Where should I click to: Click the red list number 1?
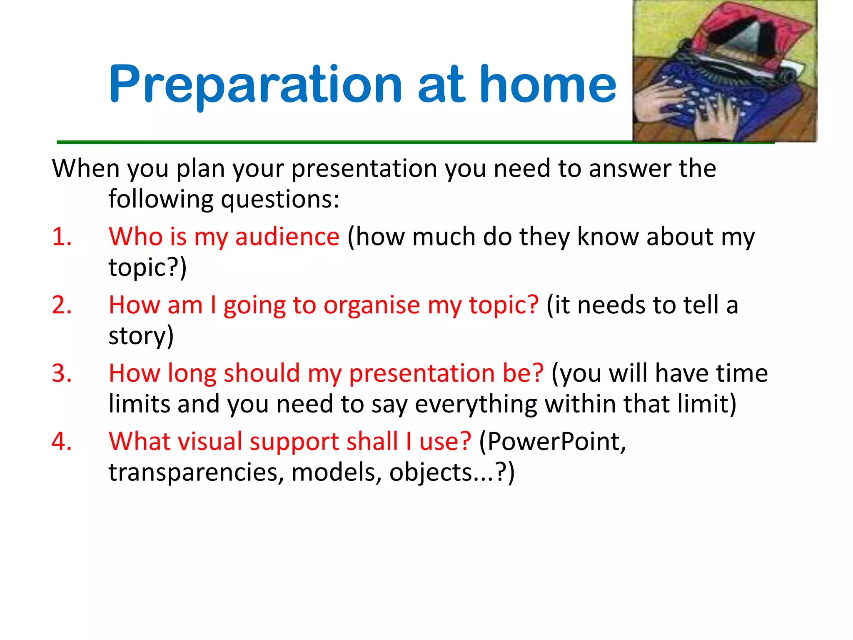pos(61,237)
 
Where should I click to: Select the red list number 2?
pos(61,305)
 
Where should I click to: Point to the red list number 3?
pos(61,373)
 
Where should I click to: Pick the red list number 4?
pos(61,441)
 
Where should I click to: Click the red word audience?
pos(287,237)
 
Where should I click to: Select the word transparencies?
pos(193,472)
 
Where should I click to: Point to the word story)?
pos(141,336)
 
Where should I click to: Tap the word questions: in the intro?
pos(280,199)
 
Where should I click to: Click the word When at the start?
pos(85,169)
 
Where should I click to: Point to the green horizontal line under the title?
pos(333,142)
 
